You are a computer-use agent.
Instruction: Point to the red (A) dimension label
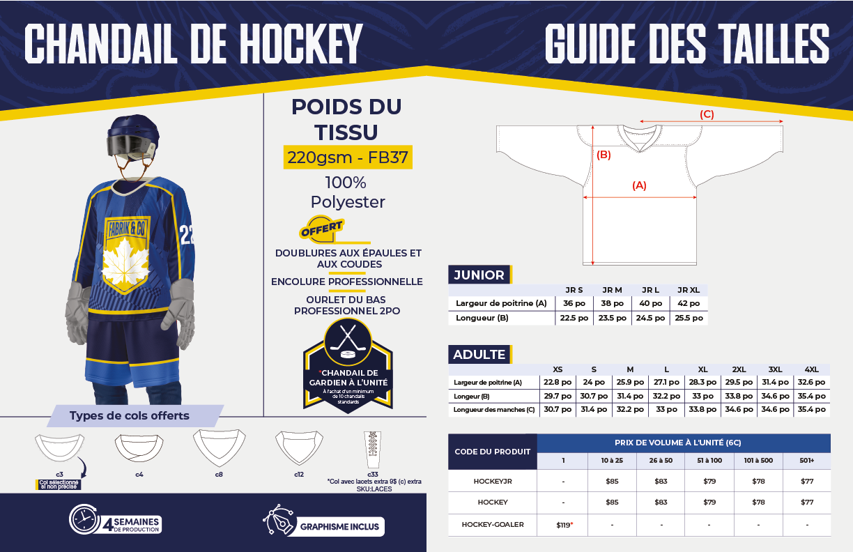(639, 185)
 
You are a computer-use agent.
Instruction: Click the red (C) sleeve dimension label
(707, 114)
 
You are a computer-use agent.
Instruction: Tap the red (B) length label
(604, 155)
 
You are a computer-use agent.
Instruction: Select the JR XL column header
(689, 290)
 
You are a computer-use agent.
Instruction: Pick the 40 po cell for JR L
(650, 303)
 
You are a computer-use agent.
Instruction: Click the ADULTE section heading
(479, 354)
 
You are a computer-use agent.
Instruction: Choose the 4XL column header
(811, 369)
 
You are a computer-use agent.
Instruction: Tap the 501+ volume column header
(806, 461)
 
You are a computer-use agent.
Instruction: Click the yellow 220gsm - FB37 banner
(348, 157)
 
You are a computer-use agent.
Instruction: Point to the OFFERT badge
(321, 228)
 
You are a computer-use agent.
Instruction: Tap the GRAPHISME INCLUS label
(339, 526)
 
